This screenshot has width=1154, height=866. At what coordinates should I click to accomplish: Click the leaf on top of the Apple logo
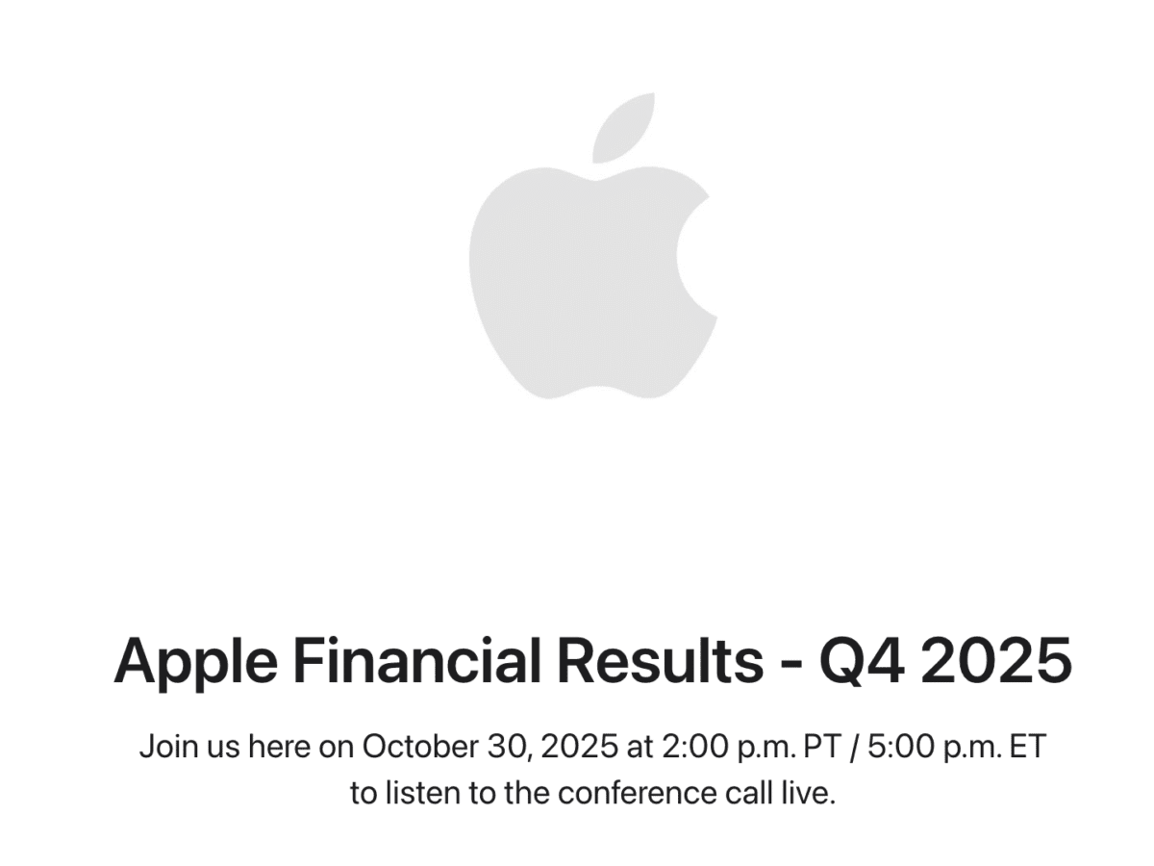(625, 127)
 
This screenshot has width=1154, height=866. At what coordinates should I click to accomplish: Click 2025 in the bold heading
(995, 661)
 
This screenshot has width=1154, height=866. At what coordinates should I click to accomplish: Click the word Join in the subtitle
(167, 747)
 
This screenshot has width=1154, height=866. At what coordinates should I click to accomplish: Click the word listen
(420, 794)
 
